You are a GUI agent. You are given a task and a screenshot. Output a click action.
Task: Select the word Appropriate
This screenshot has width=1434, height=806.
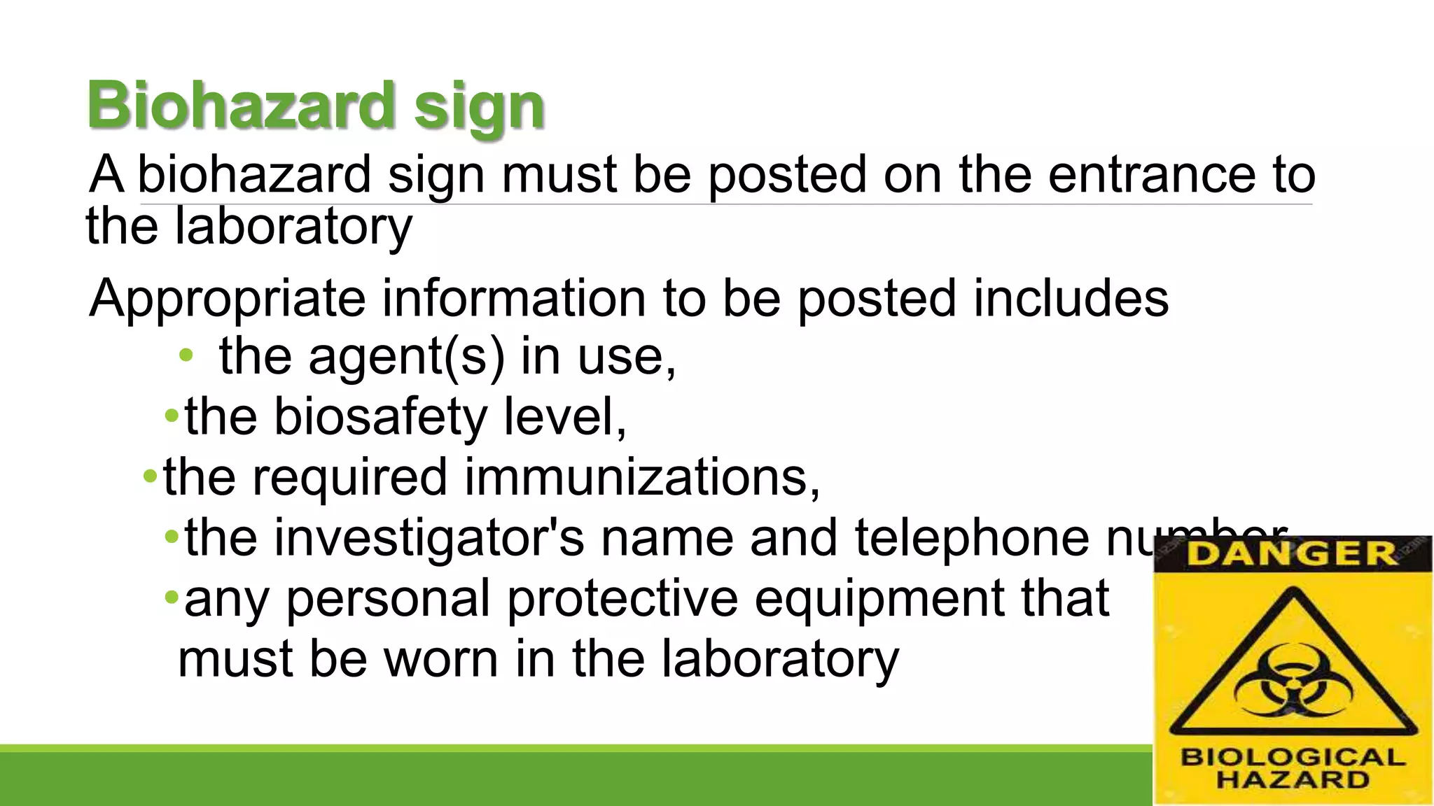point(228,299)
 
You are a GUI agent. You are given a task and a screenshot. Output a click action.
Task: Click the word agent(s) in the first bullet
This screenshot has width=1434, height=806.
point(406,357)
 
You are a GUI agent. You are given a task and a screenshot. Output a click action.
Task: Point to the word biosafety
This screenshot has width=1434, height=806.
point(380,417)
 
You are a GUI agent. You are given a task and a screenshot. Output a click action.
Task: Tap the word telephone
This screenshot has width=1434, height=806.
point(971,538)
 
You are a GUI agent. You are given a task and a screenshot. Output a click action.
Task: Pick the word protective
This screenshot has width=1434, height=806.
point(622,598)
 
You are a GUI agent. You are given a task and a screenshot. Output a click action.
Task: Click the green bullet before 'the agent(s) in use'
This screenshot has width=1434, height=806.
point(186,355)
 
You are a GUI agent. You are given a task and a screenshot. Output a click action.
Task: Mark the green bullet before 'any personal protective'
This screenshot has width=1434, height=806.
point(172,598)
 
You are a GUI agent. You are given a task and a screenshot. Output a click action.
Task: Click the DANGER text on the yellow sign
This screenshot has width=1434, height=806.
point(1292,554)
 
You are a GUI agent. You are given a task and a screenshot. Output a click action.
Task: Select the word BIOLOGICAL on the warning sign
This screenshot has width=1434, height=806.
point(1293,757)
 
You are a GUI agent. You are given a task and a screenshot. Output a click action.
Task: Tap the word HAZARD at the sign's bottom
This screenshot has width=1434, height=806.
point(1293,779)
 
